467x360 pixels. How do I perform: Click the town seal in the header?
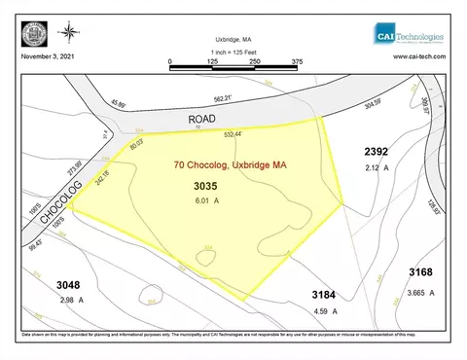coord(33,35)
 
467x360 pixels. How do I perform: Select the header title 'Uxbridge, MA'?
coord(233,35)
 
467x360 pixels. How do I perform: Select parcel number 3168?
coord(420,274)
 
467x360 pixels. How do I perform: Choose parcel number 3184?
coord(323,293)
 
